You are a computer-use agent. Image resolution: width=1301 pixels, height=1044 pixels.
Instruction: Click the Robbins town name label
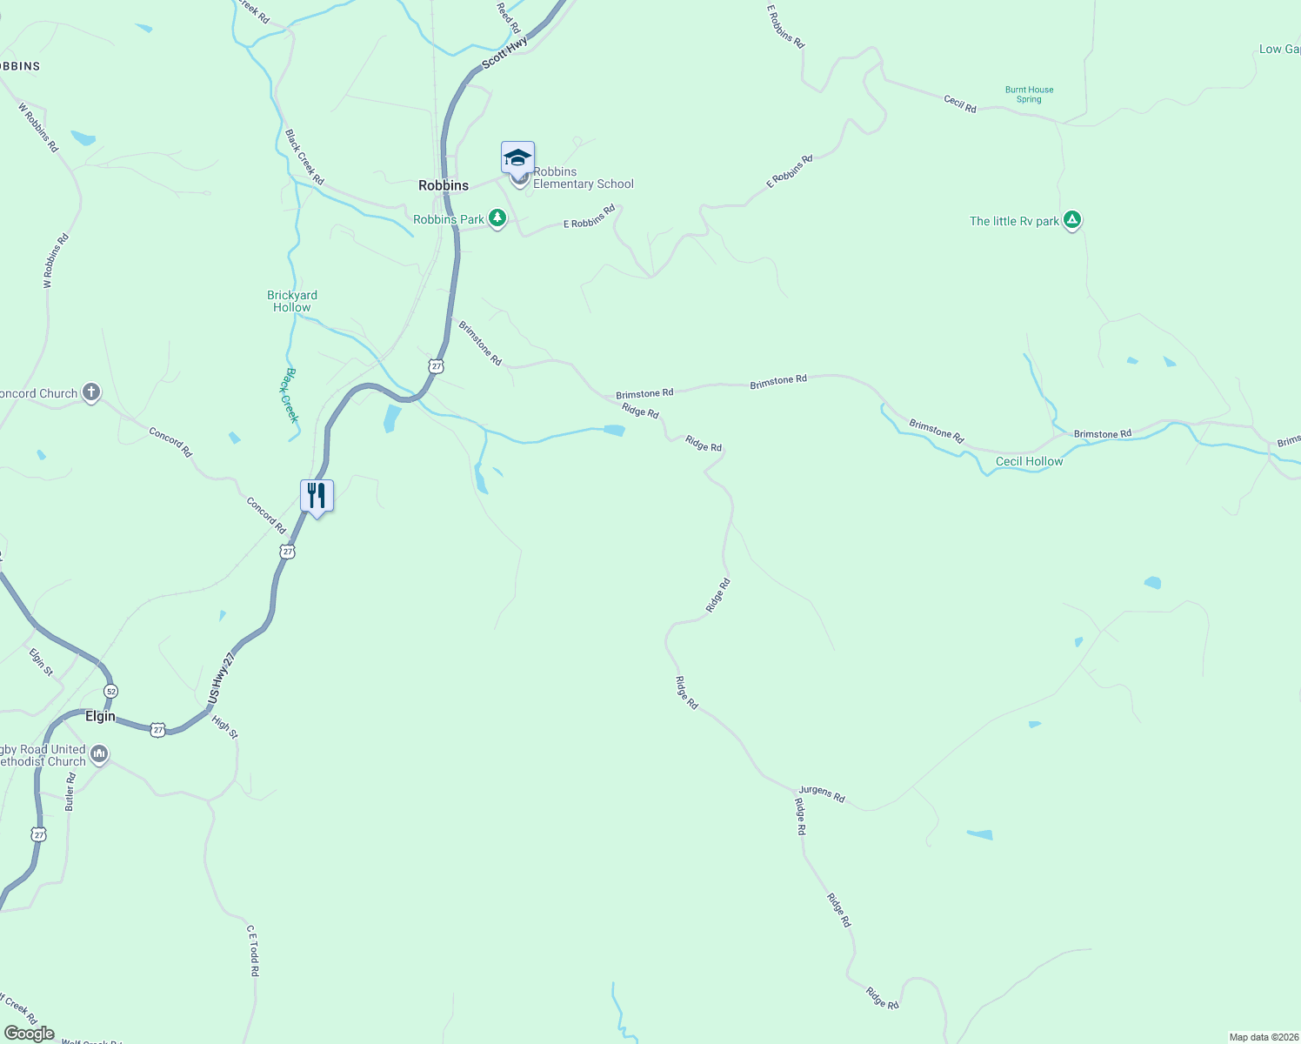(444, 185)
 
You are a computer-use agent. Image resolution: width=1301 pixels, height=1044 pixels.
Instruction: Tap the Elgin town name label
(100, 716)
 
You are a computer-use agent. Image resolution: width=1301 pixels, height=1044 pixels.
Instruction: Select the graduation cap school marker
(517, 158)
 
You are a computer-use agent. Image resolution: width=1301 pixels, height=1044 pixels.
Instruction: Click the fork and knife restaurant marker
(317, 496)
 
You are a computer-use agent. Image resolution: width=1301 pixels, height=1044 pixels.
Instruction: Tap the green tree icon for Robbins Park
(497, 218)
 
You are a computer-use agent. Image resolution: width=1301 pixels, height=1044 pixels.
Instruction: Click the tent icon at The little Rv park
(1072, 220)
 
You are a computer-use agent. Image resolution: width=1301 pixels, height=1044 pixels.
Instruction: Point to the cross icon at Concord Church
(90, 392)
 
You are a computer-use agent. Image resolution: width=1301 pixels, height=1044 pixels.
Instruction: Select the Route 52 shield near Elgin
(110, 691)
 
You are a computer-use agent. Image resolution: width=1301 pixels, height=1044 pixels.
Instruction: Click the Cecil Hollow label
(1029, 461)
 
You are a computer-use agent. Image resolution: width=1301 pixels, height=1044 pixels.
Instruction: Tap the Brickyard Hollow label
(292, 301)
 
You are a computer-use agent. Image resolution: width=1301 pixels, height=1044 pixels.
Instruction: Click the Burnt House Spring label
(1029, 94)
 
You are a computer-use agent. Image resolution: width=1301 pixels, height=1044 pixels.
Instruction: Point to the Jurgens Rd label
(822, 793)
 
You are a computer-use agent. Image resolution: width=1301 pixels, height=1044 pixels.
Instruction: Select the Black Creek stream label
(290, 395)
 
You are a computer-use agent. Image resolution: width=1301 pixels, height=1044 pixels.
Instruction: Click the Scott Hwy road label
(504, 53)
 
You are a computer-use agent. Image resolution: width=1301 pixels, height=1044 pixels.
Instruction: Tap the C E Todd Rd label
(253, 950)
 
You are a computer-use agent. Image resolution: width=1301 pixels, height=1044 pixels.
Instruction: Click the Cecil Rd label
(960, 104)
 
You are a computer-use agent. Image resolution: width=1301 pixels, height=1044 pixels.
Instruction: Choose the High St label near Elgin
(224, 727)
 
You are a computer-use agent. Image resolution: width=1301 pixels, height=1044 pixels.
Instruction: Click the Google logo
(30, 1034)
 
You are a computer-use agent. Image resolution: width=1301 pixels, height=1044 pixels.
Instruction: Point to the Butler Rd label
(70, 792)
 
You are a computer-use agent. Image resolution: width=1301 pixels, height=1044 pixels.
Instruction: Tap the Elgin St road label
(41, 662)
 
